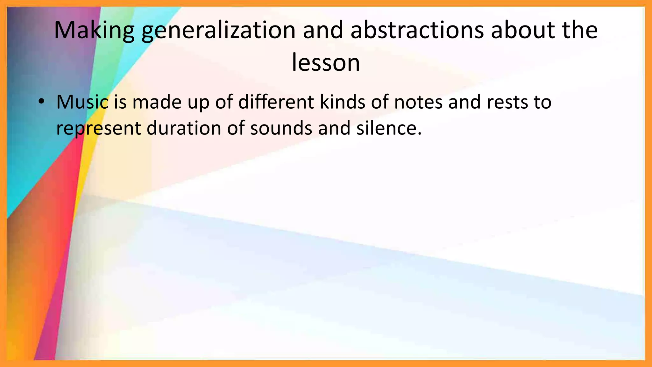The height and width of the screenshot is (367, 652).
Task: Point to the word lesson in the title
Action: point(326,63)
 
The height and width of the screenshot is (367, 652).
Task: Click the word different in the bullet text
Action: point(276,102)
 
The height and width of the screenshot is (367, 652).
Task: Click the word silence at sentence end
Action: point(388,128)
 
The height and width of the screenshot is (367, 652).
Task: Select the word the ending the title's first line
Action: point(580,30)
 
